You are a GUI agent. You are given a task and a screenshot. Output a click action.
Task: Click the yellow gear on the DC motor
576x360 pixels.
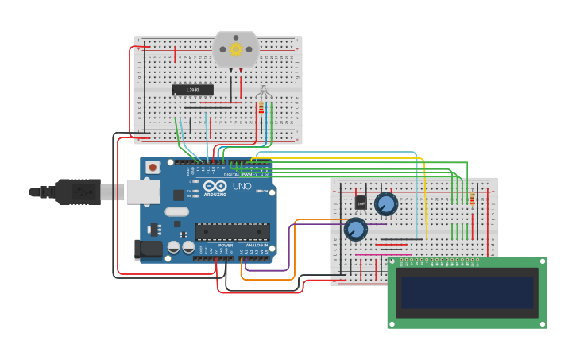235,49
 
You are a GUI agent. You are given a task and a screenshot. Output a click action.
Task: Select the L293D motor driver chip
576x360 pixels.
193,90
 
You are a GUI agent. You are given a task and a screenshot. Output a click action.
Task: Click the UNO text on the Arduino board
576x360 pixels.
242,186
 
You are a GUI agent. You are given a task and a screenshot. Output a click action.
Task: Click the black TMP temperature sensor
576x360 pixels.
361,203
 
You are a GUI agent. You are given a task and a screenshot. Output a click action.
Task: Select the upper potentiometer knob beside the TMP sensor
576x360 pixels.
386,204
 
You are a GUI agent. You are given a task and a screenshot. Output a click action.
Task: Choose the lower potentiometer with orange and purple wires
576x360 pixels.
355,230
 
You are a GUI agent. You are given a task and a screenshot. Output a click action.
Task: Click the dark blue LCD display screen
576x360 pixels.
466,292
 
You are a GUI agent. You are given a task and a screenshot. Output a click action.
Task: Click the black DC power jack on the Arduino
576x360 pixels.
149,250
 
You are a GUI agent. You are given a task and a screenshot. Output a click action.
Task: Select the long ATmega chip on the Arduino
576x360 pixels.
232,231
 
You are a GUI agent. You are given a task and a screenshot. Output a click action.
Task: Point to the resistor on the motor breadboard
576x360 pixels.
261,106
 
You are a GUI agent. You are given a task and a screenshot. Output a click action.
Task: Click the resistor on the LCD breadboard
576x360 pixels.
472,199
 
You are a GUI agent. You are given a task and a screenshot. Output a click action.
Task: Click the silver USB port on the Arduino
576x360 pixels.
143,192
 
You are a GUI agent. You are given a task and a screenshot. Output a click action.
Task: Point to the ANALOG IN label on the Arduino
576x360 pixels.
256,245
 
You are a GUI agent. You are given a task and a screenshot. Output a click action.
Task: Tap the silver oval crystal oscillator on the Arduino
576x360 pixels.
177,211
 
